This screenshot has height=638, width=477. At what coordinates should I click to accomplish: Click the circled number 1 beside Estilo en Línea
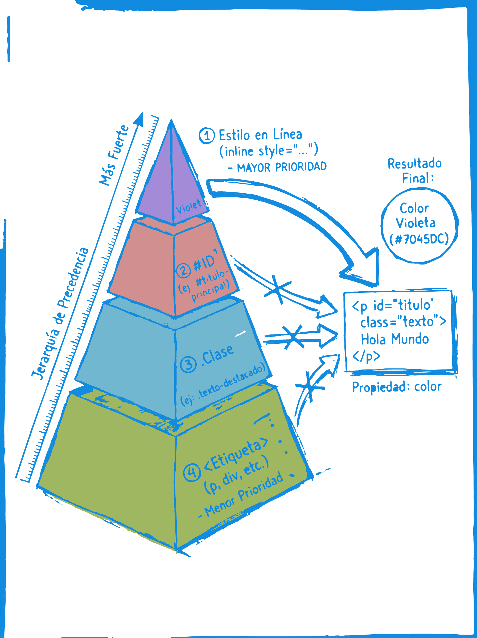[x=207, y=136]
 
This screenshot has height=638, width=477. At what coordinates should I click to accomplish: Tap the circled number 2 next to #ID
[x=184, y=271]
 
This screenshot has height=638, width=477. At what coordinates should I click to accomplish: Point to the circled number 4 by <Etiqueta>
[x=192, y=473]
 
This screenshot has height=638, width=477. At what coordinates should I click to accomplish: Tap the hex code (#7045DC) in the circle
[x=419, y=239]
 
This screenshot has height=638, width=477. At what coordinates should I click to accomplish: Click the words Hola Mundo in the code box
[x=395, y=339]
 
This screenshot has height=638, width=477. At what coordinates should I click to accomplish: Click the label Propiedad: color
[x=397, y=387]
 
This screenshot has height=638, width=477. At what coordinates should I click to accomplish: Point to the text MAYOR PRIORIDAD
[x=282, y=167]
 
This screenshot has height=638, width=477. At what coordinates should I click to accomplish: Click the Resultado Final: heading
[x=415, y=171]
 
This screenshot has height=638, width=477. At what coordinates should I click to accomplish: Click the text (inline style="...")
[x=269, y=151]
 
